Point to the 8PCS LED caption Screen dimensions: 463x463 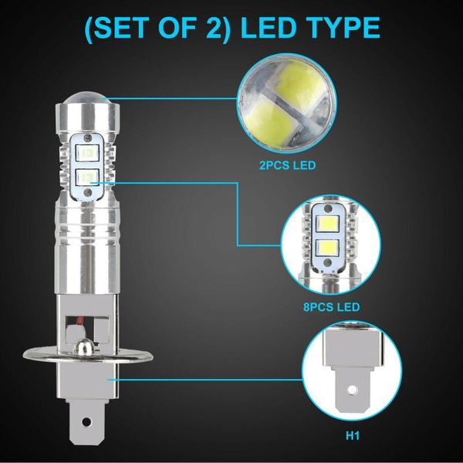[x=332, y=306]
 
